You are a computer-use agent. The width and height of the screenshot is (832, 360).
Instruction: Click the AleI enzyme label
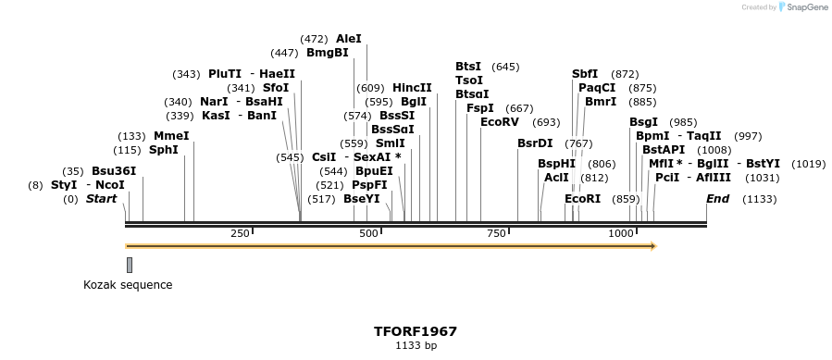click(349, 39)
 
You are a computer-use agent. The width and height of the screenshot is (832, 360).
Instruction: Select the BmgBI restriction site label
click(327, 53)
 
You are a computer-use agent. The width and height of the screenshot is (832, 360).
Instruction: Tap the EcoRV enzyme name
click(500, 122)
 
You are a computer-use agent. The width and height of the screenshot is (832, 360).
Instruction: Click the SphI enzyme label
click(164, 150)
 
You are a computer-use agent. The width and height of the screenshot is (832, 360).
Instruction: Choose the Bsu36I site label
click(114, 171)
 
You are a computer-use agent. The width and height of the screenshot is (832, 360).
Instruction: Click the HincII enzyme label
click(412, 88)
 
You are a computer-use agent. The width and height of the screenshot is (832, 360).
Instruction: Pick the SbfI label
click(585, 74)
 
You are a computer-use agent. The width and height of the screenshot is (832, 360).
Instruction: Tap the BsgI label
click(643, 122)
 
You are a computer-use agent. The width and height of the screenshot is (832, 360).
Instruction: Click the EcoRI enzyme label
click(582, 199)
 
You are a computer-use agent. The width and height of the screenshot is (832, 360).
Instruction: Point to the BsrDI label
click(535, 143)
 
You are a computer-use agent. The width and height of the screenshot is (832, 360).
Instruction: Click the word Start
click(102, 199)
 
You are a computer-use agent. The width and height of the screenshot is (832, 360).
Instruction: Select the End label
click(718, 199)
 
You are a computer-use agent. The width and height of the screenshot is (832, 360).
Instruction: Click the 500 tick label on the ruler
click(368, 233)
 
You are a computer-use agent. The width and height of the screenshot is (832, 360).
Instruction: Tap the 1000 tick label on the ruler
click(621, 233)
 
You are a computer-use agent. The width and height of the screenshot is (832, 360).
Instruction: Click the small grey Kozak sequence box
click(130, 265)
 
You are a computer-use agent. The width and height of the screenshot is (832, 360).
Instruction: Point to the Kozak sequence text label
click(128, 285)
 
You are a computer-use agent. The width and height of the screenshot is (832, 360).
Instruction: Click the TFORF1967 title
click(416, 330)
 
